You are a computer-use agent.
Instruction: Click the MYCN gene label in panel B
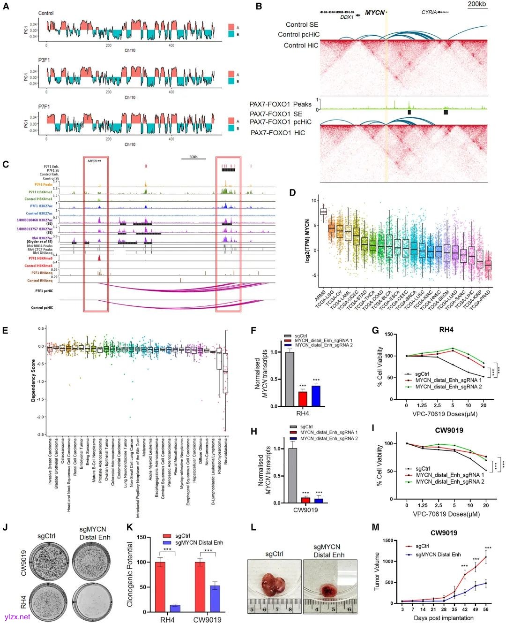point(374,13)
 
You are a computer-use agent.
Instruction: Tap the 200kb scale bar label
point(477,4)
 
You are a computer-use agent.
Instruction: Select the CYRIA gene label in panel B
point(429,12)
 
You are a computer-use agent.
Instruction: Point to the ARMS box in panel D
point(323,212)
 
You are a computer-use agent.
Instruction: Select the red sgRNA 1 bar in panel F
point(303,399)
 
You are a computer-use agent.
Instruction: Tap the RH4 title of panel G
point(446,330)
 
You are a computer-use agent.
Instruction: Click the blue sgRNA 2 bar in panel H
point(319,500)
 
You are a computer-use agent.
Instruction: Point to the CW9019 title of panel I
point(449,430)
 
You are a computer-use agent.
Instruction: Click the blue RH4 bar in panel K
point(175,608)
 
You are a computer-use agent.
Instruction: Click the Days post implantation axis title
point(444,618)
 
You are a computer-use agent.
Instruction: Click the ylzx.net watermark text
point(17,617)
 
